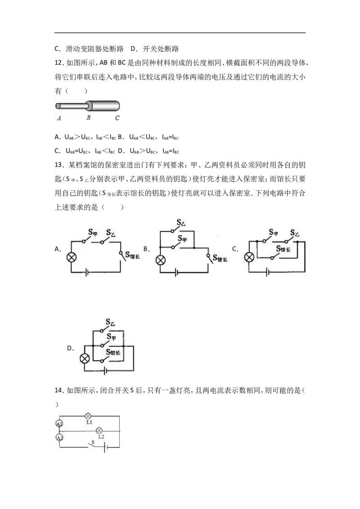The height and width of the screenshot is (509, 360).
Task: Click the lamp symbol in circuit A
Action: pos(72,257)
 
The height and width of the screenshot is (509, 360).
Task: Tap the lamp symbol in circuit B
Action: pos(161,260)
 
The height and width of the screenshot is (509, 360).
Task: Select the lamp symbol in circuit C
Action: pos(249,257)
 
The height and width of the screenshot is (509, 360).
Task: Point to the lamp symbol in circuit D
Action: pos(85,358)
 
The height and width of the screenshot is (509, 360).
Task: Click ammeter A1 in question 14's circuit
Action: pos(59,424)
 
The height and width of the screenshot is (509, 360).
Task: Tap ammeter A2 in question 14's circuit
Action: pos(59,438)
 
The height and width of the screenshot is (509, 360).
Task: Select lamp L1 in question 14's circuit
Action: pos(88,416)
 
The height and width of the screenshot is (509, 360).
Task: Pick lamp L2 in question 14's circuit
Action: pos(99,431)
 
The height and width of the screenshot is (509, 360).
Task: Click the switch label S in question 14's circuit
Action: pos(93,442)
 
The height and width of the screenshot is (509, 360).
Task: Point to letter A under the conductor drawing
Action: pos(59,118)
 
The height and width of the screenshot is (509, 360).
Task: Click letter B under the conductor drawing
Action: pos(88,117)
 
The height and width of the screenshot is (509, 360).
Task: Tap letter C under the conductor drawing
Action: pos(117,118)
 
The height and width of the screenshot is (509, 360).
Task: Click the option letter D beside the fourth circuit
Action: pos(70,348)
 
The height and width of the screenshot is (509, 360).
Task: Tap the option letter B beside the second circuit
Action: pos(145,249)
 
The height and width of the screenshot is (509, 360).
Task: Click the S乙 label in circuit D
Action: pos(110,322)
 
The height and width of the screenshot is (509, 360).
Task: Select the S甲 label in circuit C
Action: pos(273,232)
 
